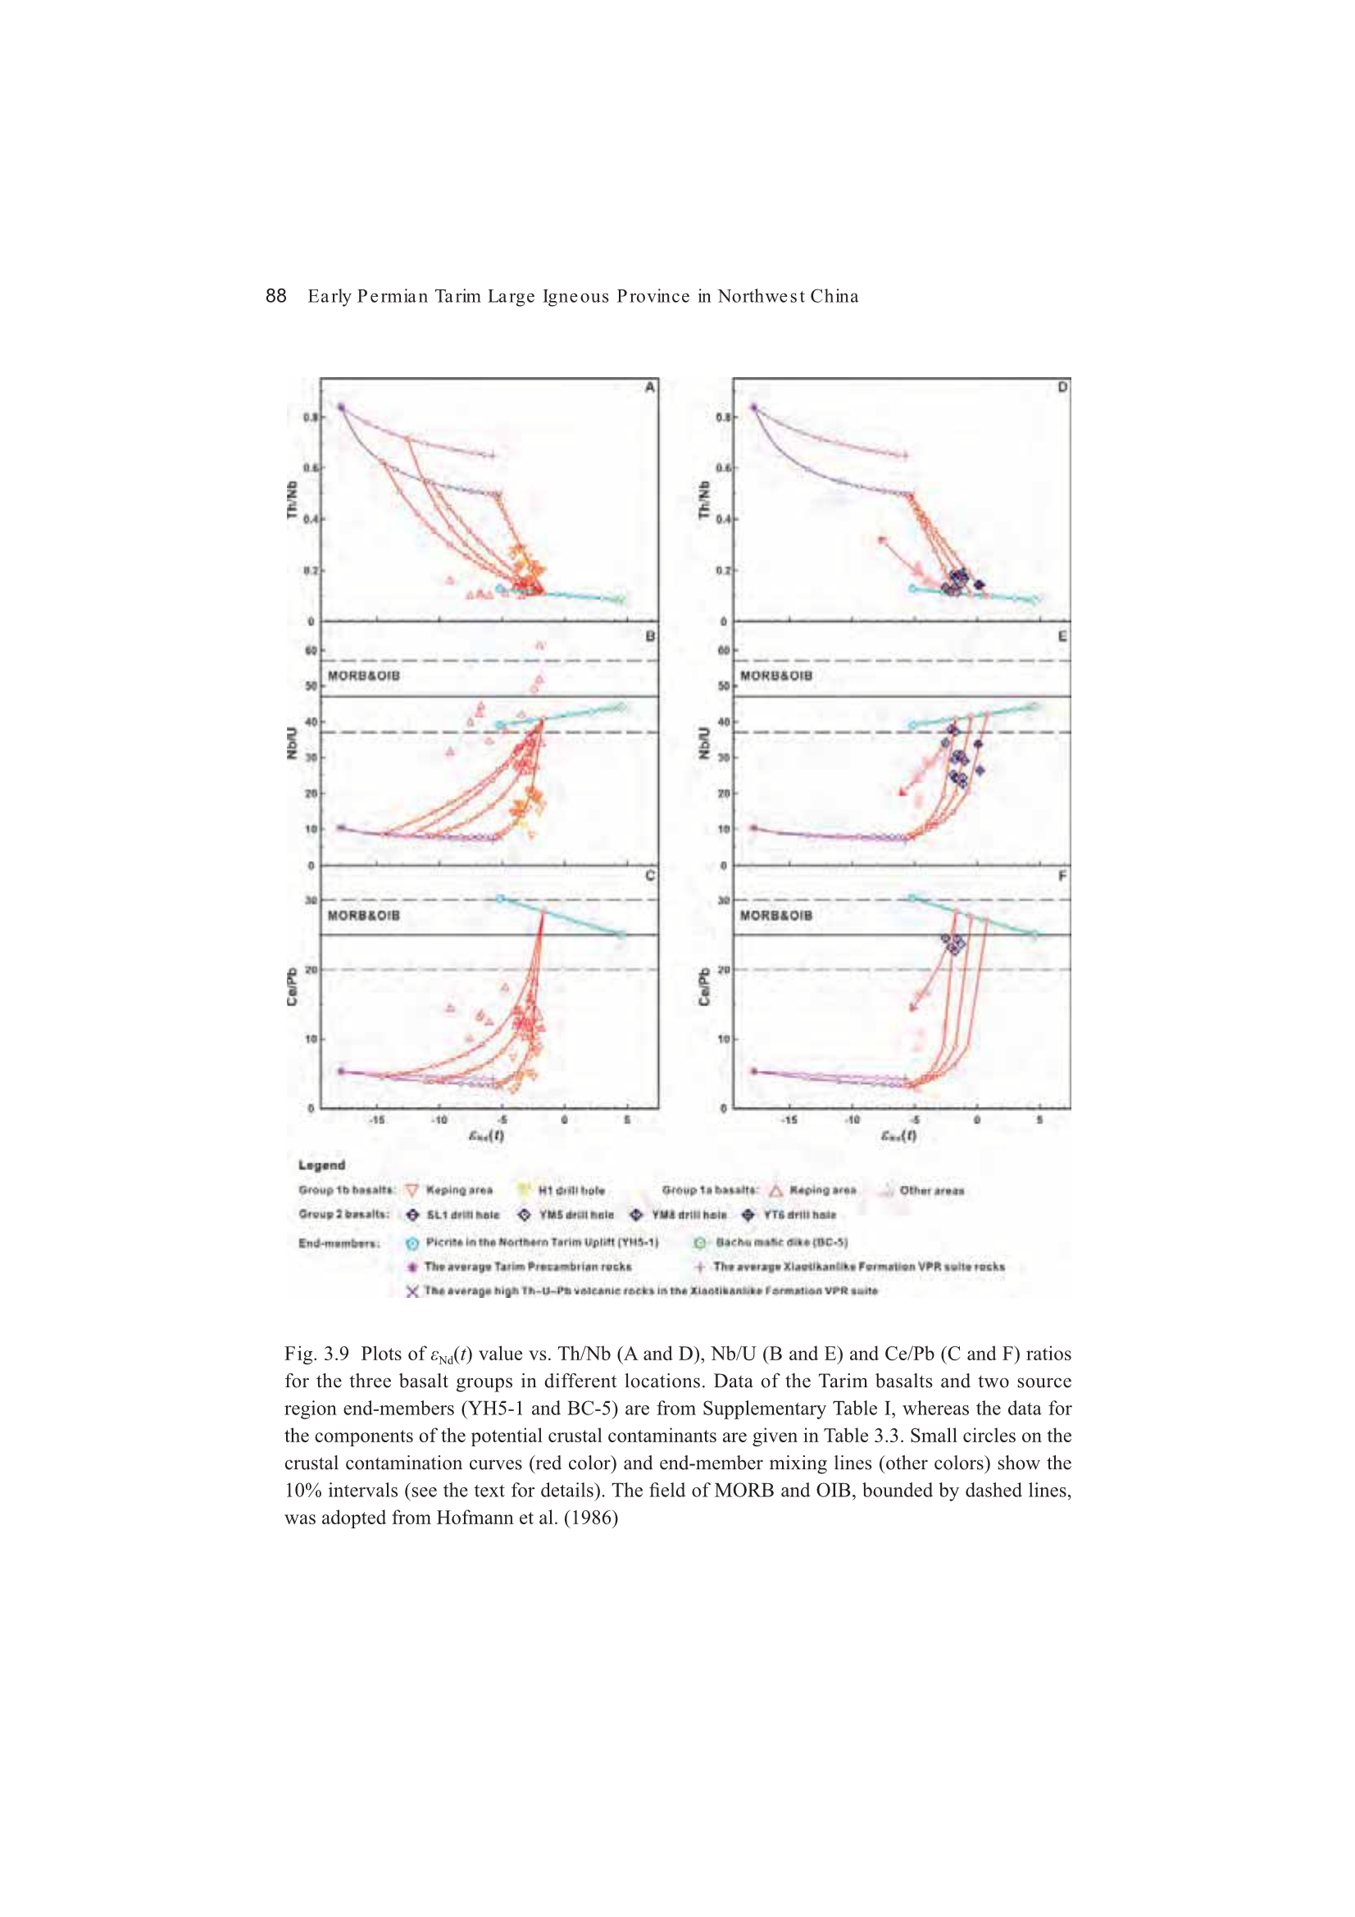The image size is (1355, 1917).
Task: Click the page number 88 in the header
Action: click(275, 295)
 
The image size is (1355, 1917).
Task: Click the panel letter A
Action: click(649, 387)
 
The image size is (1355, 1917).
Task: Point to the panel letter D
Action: click(1062, 387)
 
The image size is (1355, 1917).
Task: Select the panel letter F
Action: click(1062, 876)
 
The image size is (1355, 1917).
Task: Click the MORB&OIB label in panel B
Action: click(363, 676)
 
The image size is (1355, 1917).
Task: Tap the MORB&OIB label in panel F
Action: click(775, 916)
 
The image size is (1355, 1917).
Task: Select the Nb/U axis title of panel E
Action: click(705, 742)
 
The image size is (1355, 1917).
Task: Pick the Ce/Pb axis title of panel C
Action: click(292, 986)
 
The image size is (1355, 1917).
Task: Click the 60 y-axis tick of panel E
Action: click(723, 650)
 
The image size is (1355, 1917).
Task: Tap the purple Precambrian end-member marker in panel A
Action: click(341, 408)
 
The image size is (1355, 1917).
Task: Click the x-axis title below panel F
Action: click(898, 1136)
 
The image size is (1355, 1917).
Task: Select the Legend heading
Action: click(321, 1165)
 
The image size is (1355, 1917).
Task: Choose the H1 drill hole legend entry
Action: click(571, 1191)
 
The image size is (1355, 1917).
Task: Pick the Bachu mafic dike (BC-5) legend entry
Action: click(781, 1242)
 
